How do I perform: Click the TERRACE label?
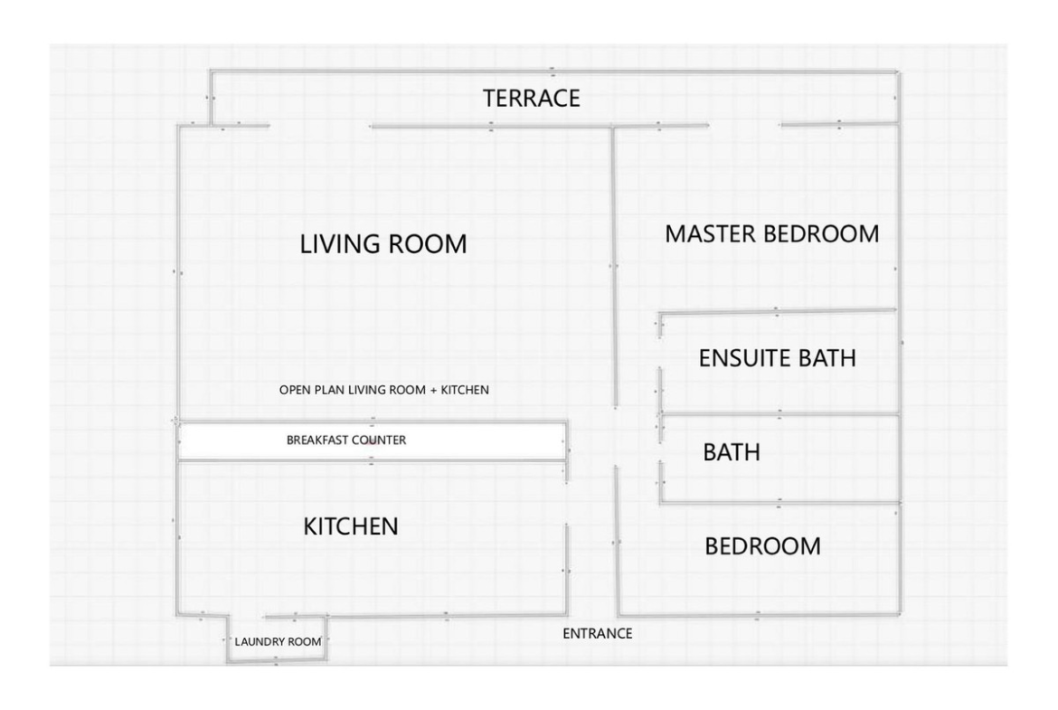tap(531, 99)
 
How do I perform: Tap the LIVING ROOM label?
tap(383, 243)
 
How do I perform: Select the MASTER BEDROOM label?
tap(772, 234)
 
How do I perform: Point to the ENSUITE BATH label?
tap(778, 357)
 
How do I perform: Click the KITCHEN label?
tap(351, 526)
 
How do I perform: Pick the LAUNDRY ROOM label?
tap(278, 642)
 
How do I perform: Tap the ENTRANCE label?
tap(598, 634)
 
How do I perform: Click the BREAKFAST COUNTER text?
tap(346, 440)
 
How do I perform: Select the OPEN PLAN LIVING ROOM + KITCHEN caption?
tap(384, 390)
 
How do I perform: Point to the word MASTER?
tap(711, 234)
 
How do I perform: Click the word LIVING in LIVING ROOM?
tap(342, 243)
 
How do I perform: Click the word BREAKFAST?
tap(317, 440)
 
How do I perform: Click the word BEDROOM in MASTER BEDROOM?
tap(821, 234)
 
